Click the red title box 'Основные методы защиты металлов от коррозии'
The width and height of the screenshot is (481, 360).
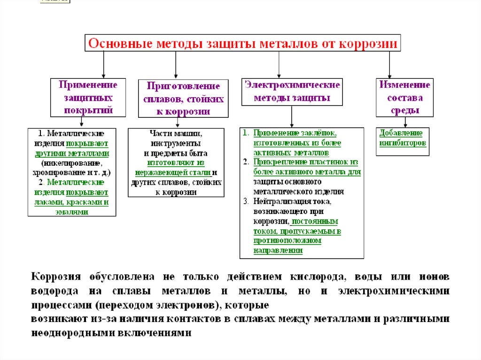tap(242, 44)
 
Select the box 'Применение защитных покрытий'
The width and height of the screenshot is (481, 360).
tap(84, 98)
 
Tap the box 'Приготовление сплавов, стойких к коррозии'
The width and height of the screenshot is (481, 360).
tap(184, 99)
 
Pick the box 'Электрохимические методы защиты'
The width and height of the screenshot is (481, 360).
tap(292, 91)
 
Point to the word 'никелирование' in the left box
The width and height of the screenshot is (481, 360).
tap(72, 163)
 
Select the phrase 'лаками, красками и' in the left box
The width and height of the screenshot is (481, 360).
tap(72, 202)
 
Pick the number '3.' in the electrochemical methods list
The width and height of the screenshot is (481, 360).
tap(246, 201)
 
